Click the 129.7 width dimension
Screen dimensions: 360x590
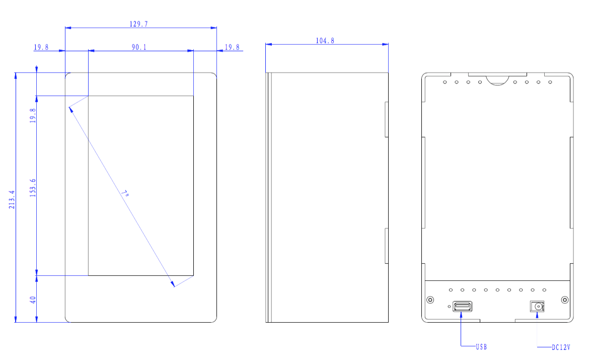pyautogui.click(x=139, y=24)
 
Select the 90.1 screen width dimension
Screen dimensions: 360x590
pyautogui.click(x=139, y=47)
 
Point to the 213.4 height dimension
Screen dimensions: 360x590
pyautogui.click(x=12, y=199)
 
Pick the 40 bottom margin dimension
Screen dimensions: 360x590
pyautogui.click(x=33, y=300)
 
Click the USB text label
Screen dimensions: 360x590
pyautogui.click(x=481, y=347)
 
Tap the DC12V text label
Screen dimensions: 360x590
pyautogui.click(x=560, y=347)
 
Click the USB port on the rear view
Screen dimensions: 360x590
pyautogui.click(x=462, y=306)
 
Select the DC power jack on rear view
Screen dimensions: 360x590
pyautogui.click(x=538, y=306)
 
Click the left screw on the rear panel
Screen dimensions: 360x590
pyautogui.click(x=430, y=300)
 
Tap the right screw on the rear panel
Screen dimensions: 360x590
pyautogui.click(x=565, y=300)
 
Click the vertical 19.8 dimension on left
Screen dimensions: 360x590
pyautogui.click(x=33, y=116)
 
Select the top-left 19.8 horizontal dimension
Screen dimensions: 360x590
pyautogui.click(x=41, y=47)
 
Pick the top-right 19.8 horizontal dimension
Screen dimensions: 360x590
pyautogui.click(x=232, y=47)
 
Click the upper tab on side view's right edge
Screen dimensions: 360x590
pyautogui.click(x=387, y=119)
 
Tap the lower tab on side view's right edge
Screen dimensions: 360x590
pyautogui.click(x=387, y=246)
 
